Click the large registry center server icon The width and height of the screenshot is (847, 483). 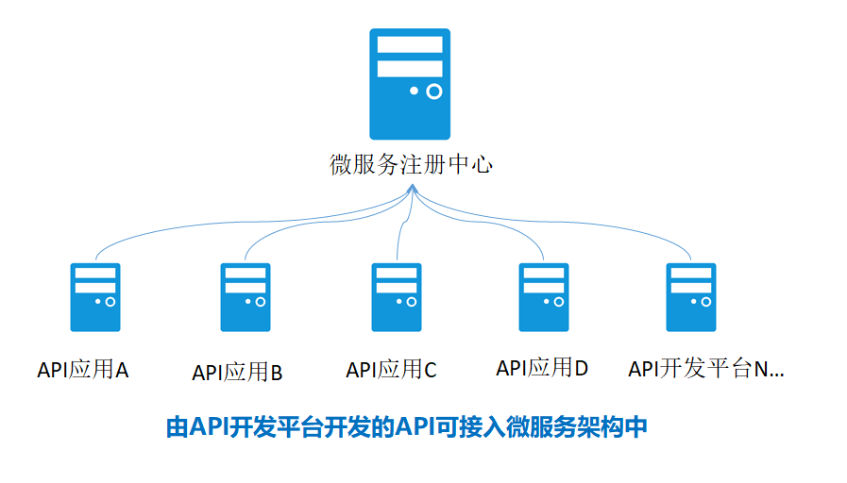410,84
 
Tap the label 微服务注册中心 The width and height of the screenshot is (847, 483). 411,164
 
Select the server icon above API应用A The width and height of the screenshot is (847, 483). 95,297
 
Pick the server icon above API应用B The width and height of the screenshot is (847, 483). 246,297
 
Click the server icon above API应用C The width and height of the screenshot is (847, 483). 397,297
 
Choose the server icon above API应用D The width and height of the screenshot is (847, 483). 543,297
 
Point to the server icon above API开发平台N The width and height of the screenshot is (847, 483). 691,297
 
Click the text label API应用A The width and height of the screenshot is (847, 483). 83,370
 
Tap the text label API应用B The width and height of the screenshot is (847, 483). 237,373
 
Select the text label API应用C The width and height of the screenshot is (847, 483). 391,370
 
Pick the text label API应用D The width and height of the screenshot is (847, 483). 542,368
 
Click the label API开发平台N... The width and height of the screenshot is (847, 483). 706,369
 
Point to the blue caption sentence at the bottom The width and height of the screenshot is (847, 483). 406,427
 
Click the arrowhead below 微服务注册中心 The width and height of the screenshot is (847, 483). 412,189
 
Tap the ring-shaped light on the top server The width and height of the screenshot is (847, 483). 434,92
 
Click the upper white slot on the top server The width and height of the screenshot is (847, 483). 410,44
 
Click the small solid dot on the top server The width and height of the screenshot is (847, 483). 414,91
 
